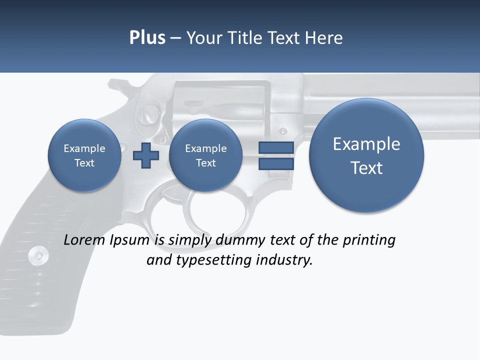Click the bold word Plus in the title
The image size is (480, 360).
[147, 38]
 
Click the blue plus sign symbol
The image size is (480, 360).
[145, 155]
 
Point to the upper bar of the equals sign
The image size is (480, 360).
[275, 147]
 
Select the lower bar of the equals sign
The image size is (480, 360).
[275, 164]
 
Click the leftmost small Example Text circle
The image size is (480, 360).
[84, 155]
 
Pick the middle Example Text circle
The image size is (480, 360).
[205, 155]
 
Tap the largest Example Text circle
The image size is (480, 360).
[366, 155]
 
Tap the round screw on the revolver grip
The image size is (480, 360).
[38, 255]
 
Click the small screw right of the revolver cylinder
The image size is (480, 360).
[283, 131]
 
